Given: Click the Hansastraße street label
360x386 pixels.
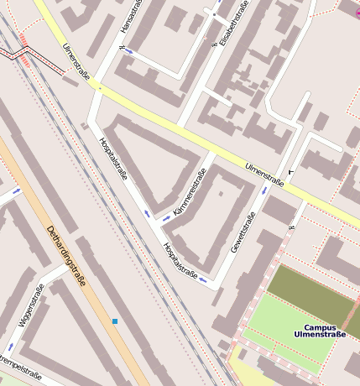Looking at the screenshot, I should tap(127, 18).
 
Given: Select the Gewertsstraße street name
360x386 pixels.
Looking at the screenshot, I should tap(243, 234).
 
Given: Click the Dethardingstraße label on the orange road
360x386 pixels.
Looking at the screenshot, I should tap(65, 256).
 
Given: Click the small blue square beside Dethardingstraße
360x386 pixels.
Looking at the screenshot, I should tap(115, 321).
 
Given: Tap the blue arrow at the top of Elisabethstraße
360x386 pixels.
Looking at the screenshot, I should tap(215, 16).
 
